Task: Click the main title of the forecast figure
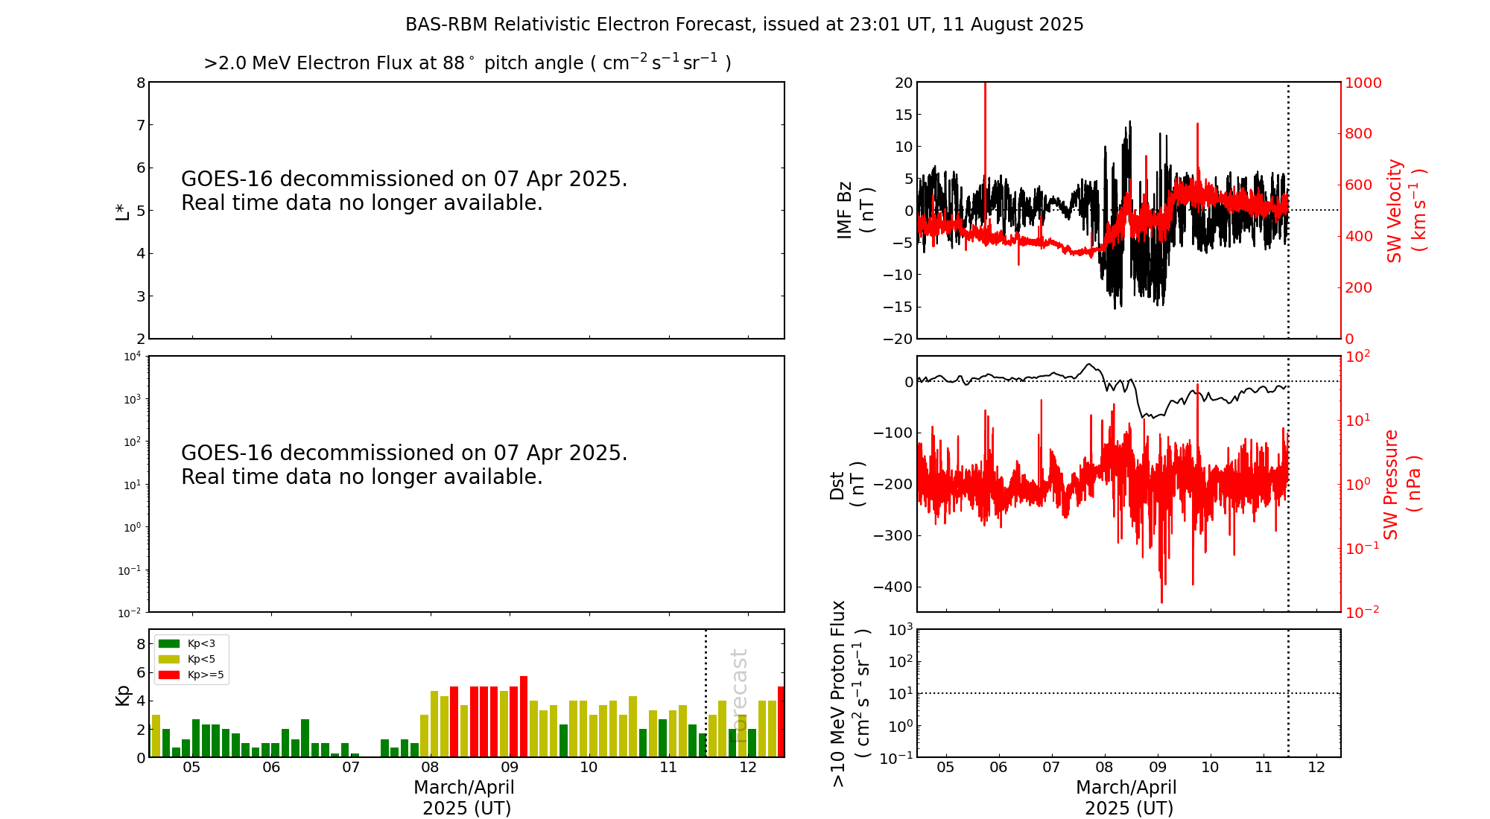coord(744,25)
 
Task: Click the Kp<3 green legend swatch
coord(169,643)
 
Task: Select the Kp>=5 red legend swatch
coord(169,675)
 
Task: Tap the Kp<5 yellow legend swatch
coord(169,659)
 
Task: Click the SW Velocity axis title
coord(1405,211)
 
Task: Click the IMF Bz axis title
coord(855,211)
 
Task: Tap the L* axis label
coord(122,211)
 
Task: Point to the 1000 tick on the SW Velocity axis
coord(1363,83)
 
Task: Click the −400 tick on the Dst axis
coord(893,587)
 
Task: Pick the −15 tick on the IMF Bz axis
coord(897,307)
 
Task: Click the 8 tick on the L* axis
coord(141,83)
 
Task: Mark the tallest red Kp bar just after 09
coord(524,716)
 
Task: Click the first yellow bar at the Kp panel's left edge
coord(156,736)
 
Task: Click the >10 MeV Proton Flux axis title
coord(850,693)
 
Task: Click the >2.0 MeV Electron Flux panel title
coord(467,63)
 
